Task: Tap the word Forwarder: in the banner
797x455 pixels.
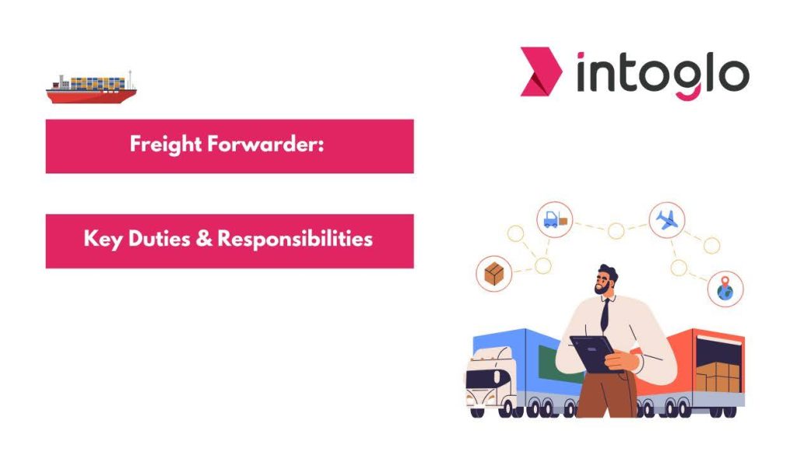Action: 266,144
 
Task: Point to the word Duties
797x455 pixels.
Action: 160,239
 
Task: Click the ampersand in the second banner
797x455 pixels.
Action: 204,239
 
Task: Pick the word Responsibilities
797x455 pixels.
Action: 295,240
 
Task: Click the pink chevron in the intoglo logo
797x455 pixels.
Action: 541,72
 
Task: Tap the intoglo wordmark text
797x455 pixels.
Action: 663,75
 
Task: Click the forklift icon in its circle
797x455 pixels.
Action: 554,220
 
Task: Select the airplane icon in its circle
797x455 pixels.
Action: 667,220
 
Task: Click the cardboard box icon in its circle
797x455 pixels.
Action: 493,274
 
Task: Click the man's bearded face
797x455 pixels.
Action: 603,283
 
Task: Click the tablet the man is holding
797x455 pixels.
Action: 593,353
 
